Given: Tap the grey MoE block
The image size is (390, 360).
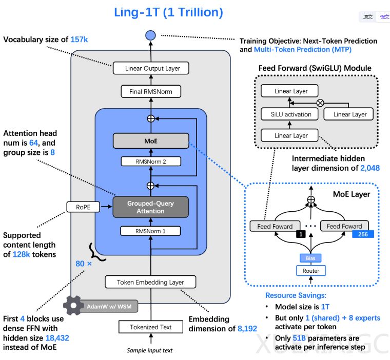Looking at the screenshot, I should (x=150, y=139).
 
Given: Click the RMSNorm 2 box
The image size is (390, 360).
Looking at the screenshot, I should (x=150, y=162).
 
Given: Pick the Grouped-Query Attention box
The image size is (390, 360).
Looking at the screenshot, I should (x=150, y=207).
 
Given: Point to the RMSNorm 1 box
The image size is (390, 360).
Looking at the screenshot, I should (x=150, y=231).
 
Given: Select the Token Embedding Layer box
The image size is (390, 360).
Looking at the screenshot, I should (x=150, y=282).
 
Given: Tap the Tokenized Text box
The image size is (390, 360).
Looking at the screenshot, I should (x=150, y=327).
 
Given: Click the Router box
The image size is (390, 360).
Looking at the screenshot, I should (x=310, y=270).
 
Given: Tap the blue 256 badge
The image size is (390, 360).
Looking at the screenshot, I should (x=363, y=234).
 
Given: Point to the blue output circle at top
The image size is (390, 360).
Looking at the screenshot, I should (x=150, y=35).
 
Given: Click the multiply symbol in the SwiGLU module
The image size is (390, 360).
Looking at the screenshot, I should (x=321, y=103).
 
